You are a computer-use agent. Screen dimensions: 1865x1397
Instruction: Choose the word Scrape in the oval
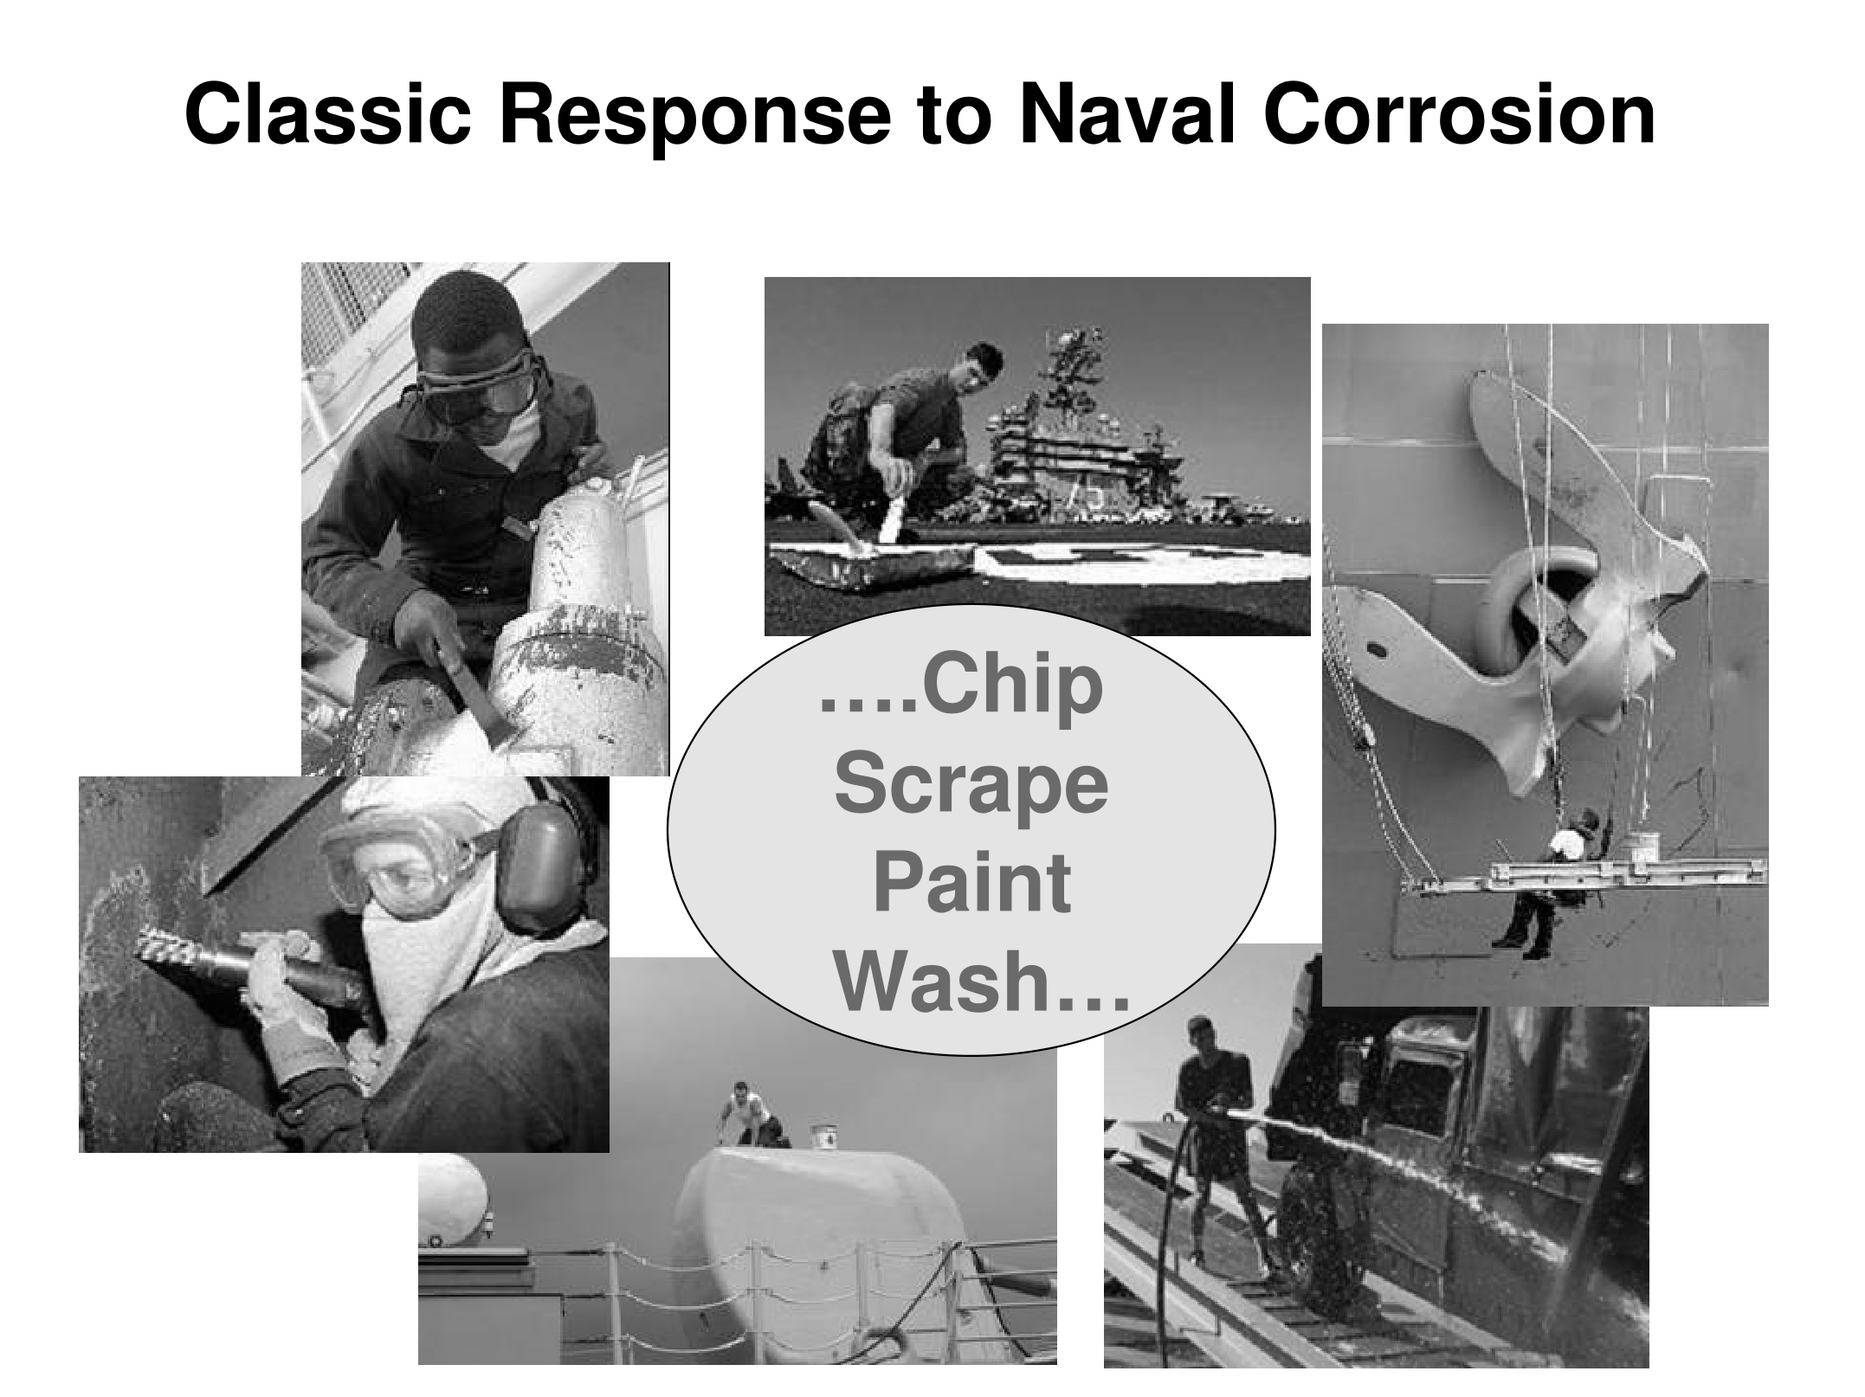[x=971, y=790]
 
